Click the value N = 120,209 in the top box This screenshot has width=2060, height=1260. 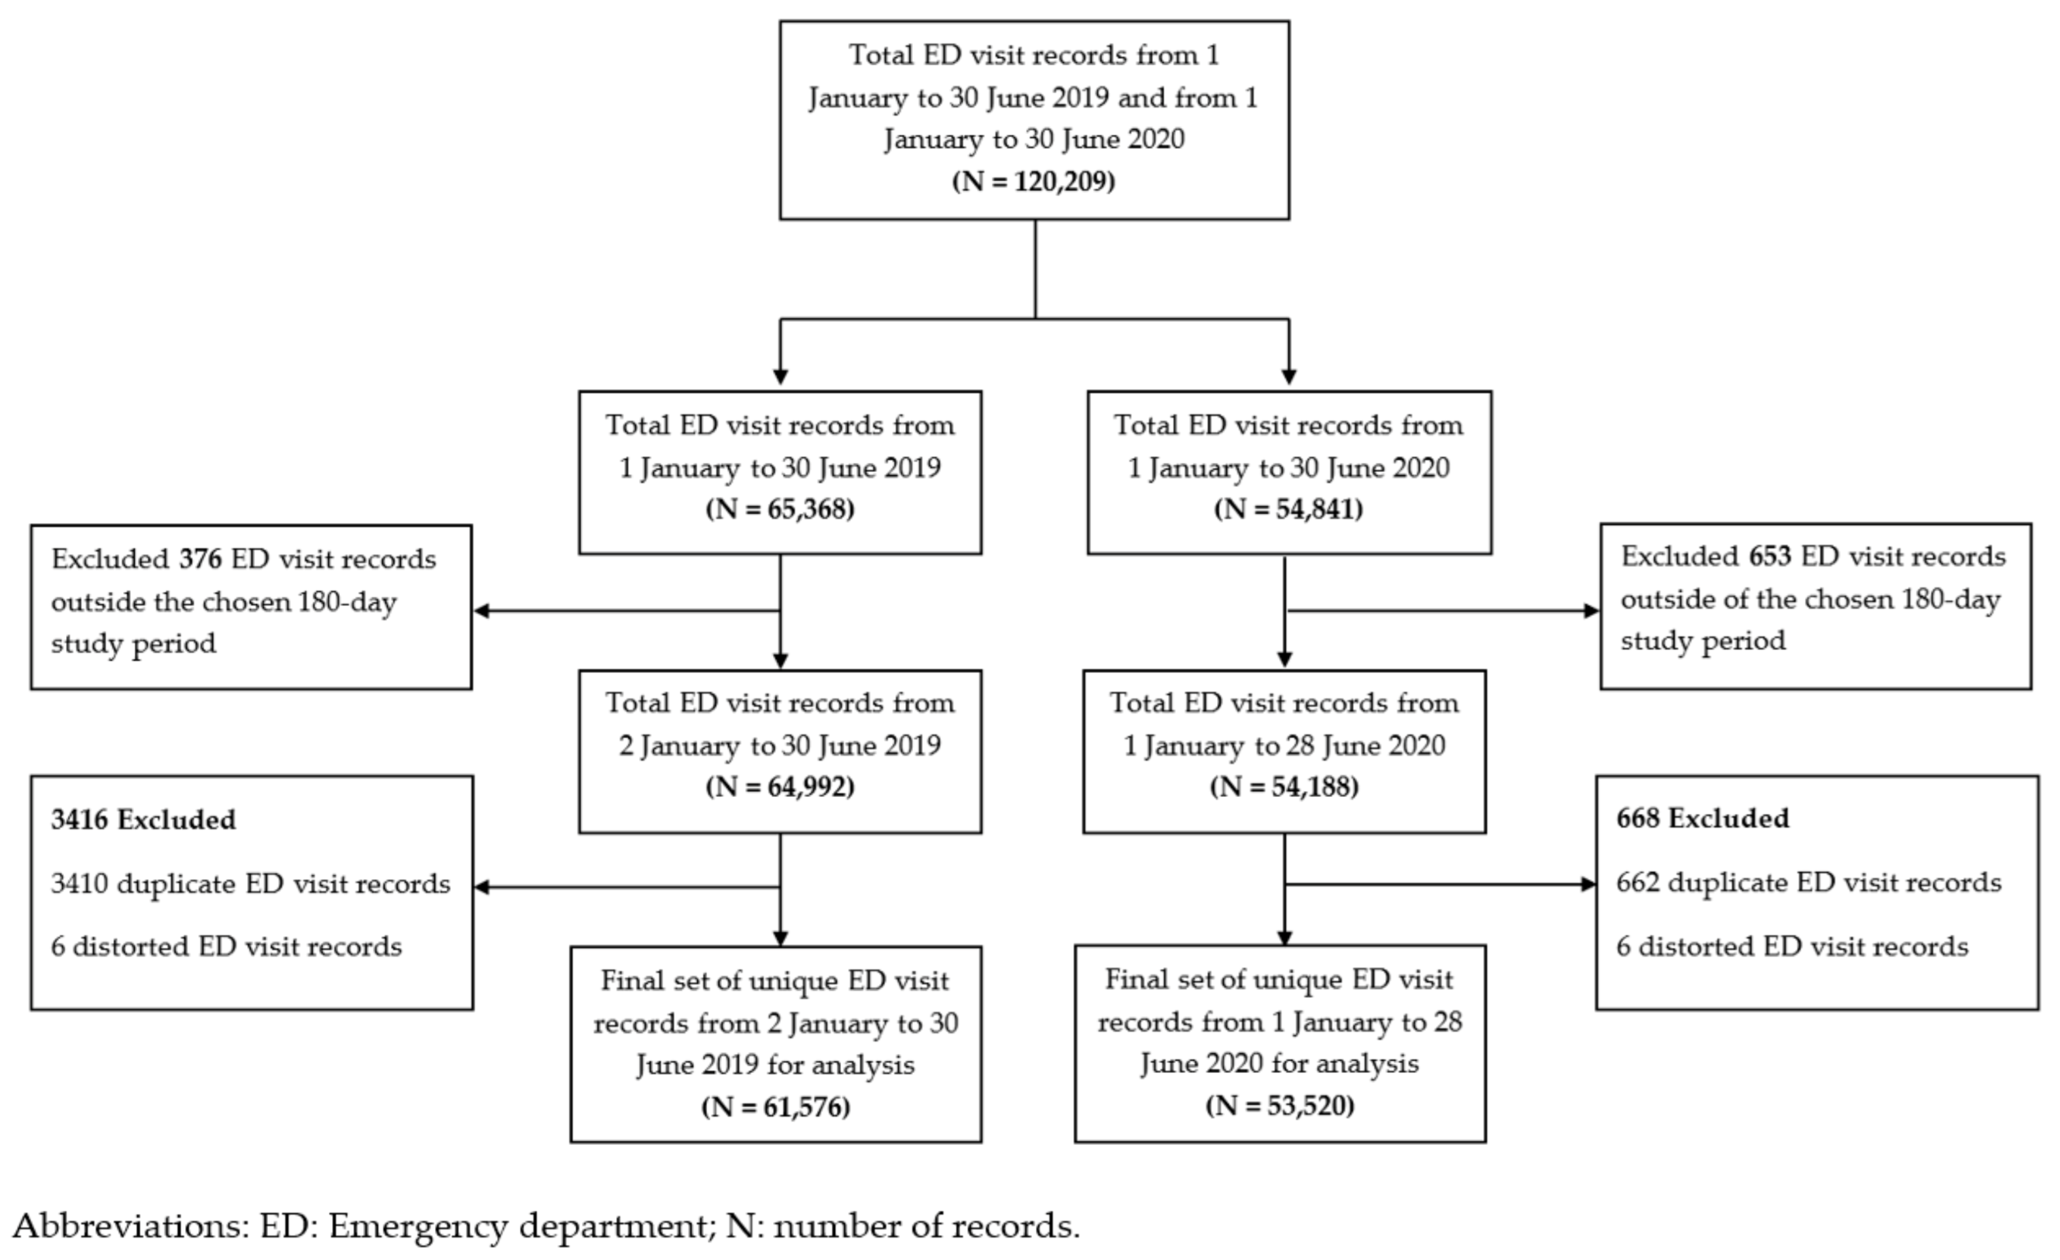click(x=1033, y=181)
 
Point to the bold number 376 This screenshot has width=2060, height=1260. click(x=200, y=558)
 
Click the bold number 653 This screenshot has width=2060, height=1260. click(x=1770, y=556)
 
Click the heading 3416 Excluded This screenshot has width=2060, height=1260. click(x=143, y=819)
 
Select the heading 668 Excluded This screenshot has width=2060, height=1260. click(x=1702, y=818)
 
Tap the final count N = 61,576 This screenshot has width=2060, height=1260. click(x=775, y=1107)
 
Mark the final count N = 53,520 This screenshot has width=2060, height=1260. click(x=1279, y=1105)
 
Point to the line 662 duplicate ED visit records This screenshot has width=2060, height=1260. click(x=1808, y=882)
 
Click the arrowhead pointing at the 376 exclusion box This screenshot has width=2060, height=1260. click(x=481, y=611)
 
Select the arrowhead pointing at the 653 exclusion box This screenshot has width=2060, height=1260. click(x=1591, y=611)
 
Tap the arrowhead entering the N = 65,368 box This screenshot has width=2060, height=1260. click(x=780, y=378)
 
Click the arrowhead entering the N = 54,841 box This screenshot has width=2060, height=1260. click(x=1288, y=378)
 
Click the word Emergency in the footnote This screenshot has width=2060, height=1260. click(x=418, y=1227)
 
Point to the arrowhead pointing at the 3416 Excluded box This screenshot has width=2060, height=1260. click(x=481, y=887)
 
